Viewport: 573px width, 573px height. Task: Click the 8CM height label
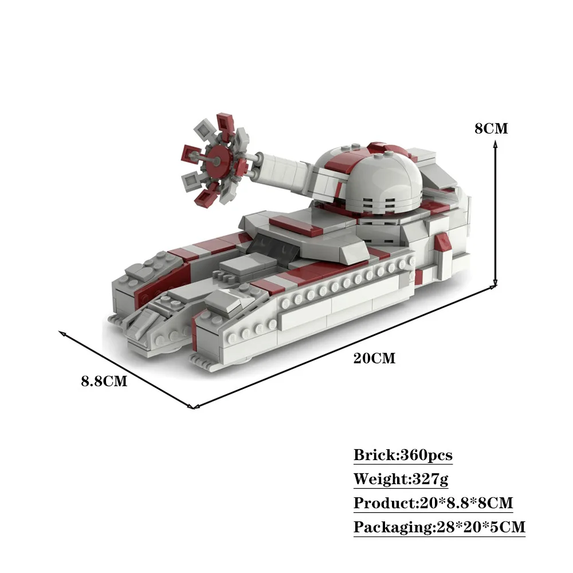click(x=491, y=128)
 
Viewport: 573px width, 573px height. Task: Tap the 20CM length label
click(x=374, y=358)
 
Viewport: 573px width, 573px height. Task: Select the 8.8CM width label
click(x=104, y=381)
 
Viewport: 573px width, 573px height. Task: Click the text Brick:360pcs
click(x=403, y=455)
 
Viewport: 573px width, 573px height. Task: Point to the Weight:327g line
click(x=401, y=478)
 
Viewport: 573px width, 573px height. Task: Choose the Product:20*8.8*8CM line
click(x=433, y=503)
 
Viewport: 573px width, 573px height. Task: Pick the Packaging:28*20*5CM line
click(x=439, y=527)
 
